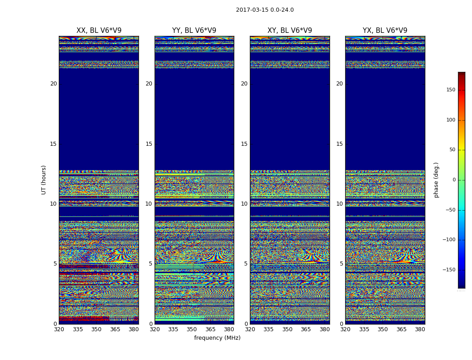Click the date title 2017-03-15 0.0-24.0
(265, 10)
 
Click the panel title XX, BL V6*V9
(99, 31)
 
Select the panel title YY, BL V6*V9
(194, 31)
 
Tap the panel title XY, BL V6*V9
(289, 31)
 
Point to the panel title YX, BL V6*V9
(385, 31)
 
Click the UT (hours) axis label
(44, 180)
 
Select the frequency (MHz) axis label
(217, 338)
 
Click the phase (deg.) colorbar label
(436, 180)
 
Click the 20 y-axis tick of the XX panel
(53, 84)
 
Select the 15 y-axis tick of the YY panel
(149, 144)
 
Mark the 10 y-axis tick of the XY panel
(244, 204)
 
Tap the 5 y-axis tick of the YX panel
(341, 264)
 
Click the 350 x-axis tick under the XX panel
(97, 329)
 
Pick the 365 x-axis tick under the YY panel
(210, 329)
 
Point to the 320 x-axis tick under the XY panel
(250, 329)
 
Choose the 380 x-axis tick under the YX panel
(420, 329)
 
